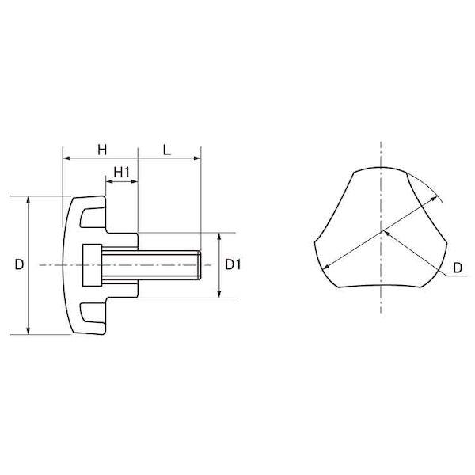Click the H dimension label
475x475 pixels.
[x=102, y=150]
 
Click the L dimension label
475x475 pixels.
[x=167, y=150]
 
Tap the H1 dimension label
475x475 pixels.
[x=121, y=173]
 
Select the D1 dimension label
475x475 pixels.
[x=233, y=265]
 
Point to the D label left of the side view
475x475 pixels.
[x=19, y=265]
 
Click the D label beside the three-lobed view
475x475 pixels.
[x=458, y=268]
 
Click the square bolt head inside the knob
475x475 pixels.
[x=92, y=265]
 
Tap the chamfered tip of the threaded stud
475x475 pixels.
[x=199, y=265]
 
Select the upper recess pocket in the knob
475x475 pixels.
[x=93, y=218]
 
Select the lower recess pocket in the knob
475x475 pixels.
[x=93, y=313]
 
